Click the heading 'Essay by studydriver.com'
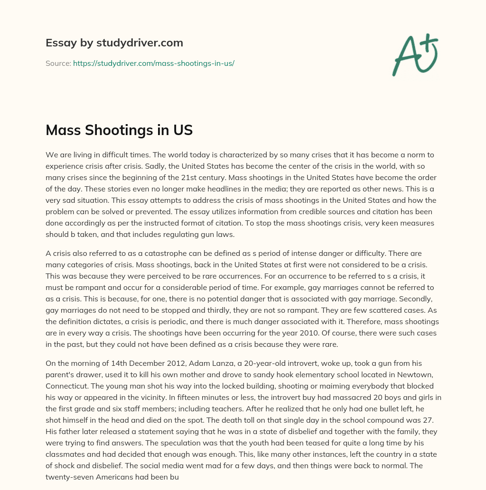pyautogui.click(x=114, y=43)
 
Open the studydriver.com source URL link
pyautogui.click(x=154, y=63)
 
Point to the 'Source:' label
pyautogui.click(x=58, y=63)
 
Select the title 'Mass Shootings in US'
pyautogui.click(x=119, y=130)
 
